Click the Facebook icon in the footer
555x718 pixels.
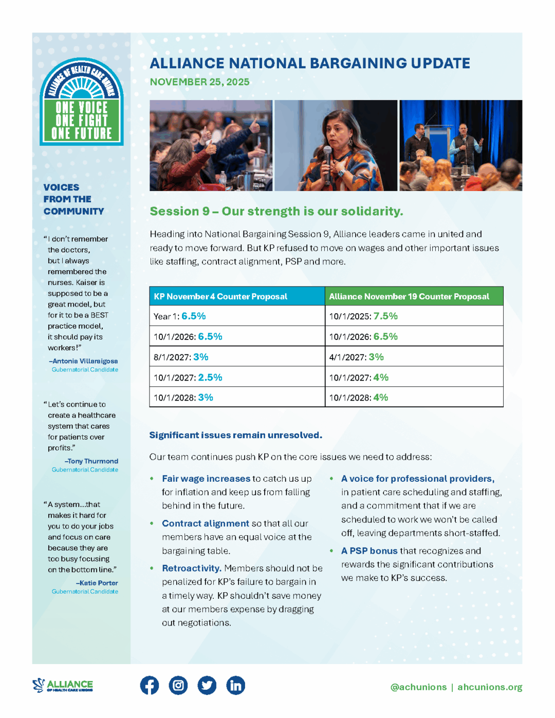pos(150,685)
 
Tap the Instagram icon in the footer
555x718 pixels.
pos(178,685)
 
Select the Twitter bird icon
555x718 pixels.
pos(207,685)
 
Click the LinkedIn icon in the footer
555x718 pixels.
pos(236,685)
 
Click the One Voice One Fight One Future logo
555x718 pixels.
pos(82,102)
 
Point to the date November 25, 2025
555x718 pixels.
pos(199,82)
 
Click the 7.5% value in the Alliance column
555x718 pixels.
pos(385,316)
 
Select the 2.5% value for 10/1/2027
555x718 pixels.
pos(210,377)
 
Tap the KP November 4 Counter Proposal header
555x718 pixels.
pos(220,296)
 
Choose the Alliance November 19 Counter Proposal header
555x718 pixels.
pos(409,296)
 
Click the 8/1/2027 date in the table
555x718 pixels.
pos(172,357)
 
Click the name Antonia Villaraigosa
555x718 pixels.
pos(85,361)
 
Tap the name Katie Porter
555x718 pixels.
pos(98,583)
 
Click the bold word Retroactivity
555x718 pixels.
pos(192,568)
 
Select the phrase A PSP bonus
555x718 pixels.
pos(369,551)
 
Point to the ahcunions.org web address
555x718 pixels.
pos(490,687)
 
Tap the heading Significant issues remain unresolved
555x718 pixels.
pos(235,435)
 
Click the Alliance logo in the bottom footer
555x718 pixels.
pos(63,685)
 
